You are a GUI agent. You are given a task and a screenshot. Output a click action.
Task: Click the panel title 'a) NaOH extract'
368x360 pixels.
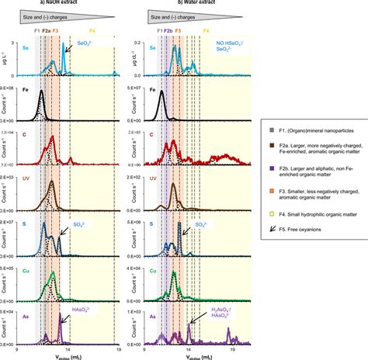click(64, 3)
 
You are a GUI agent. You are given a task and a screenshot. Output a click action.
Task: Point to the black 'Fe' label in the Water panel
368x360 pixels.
click(153, 90)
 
